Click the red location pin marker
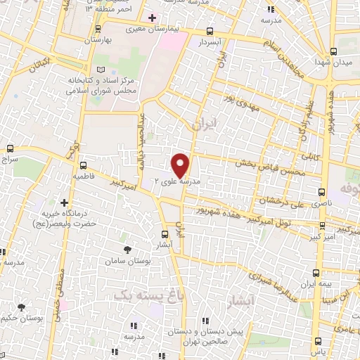pyautogui.click(x=181, y=165)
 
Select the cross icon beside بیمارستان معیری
pyautogui.click(x=152, y=17)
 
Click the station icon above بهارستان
pyautogui.click(x=98, y=30)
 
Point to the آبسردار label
pyautogui.click(x=210, y=42)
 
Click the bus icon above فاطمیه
pyautogui.click(x=83, y=159)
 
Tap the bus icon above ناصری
pyautogui.click(x=321, y=191)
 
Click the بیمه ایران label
pyautogui.click(x=316, y=284)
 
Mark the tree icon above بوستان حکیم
pyautogui.click(x=22, y=307)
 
